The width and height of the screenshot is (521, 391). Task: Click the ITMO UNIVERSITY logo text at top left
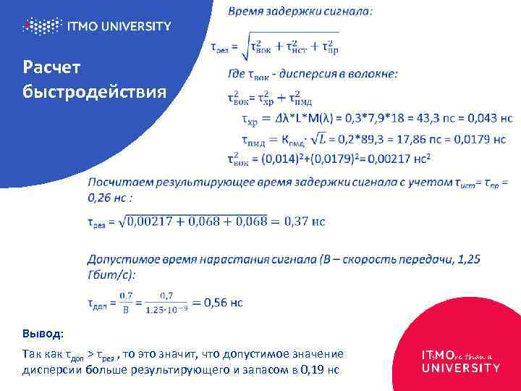pos(119,26)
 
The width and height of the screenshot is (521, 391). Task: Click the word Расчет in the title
pos(51,68)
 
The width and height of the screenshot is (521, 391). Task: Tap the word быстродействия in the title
pos(94,93)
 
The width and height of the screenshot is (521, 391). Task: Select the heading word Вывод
pos(42,334)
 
